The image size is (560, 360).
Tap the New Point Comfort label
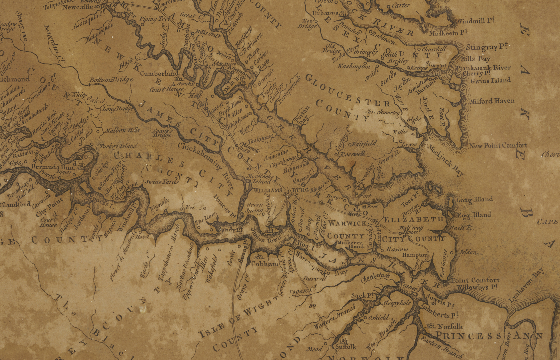[498, 145]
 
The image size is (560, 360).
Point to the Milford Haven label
[492, 101]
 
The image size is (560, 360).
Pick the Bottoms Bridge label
[111, 80]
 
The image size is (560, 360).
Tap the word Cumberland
[159, 73]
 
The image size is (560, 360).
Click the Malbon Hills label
[122, 130]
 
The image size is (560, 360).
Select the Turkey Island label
[118, 146]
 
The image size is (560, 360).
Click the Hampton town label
[415, 255]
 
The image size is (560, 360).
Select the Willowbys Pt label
[477, 287]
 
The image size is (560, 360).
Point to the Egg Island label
[474, 215]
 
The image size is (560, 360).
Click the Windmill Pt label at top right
[476, 21]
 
